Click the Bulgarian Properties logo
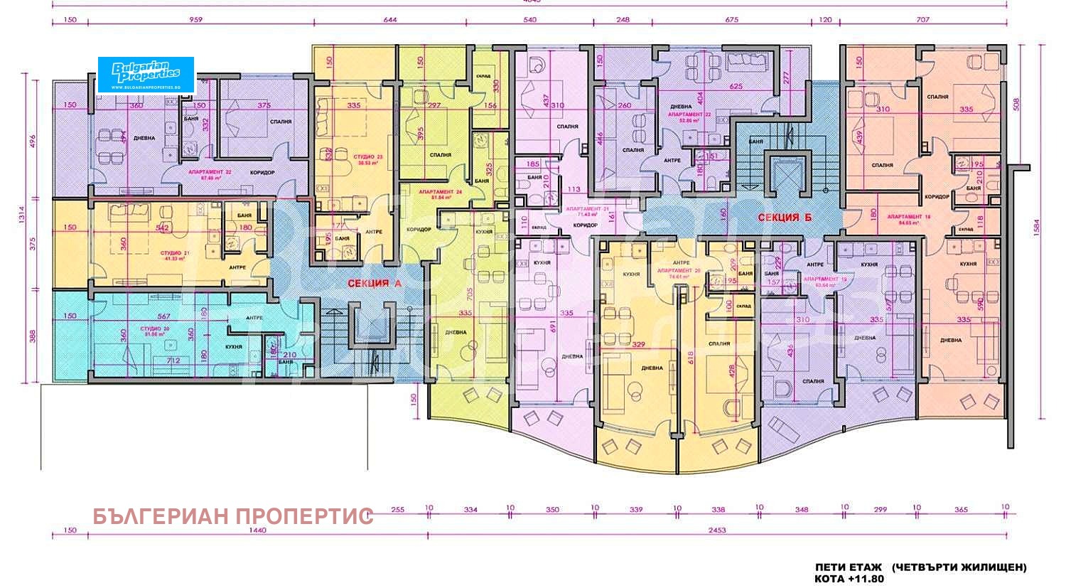tap(146, 75)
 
